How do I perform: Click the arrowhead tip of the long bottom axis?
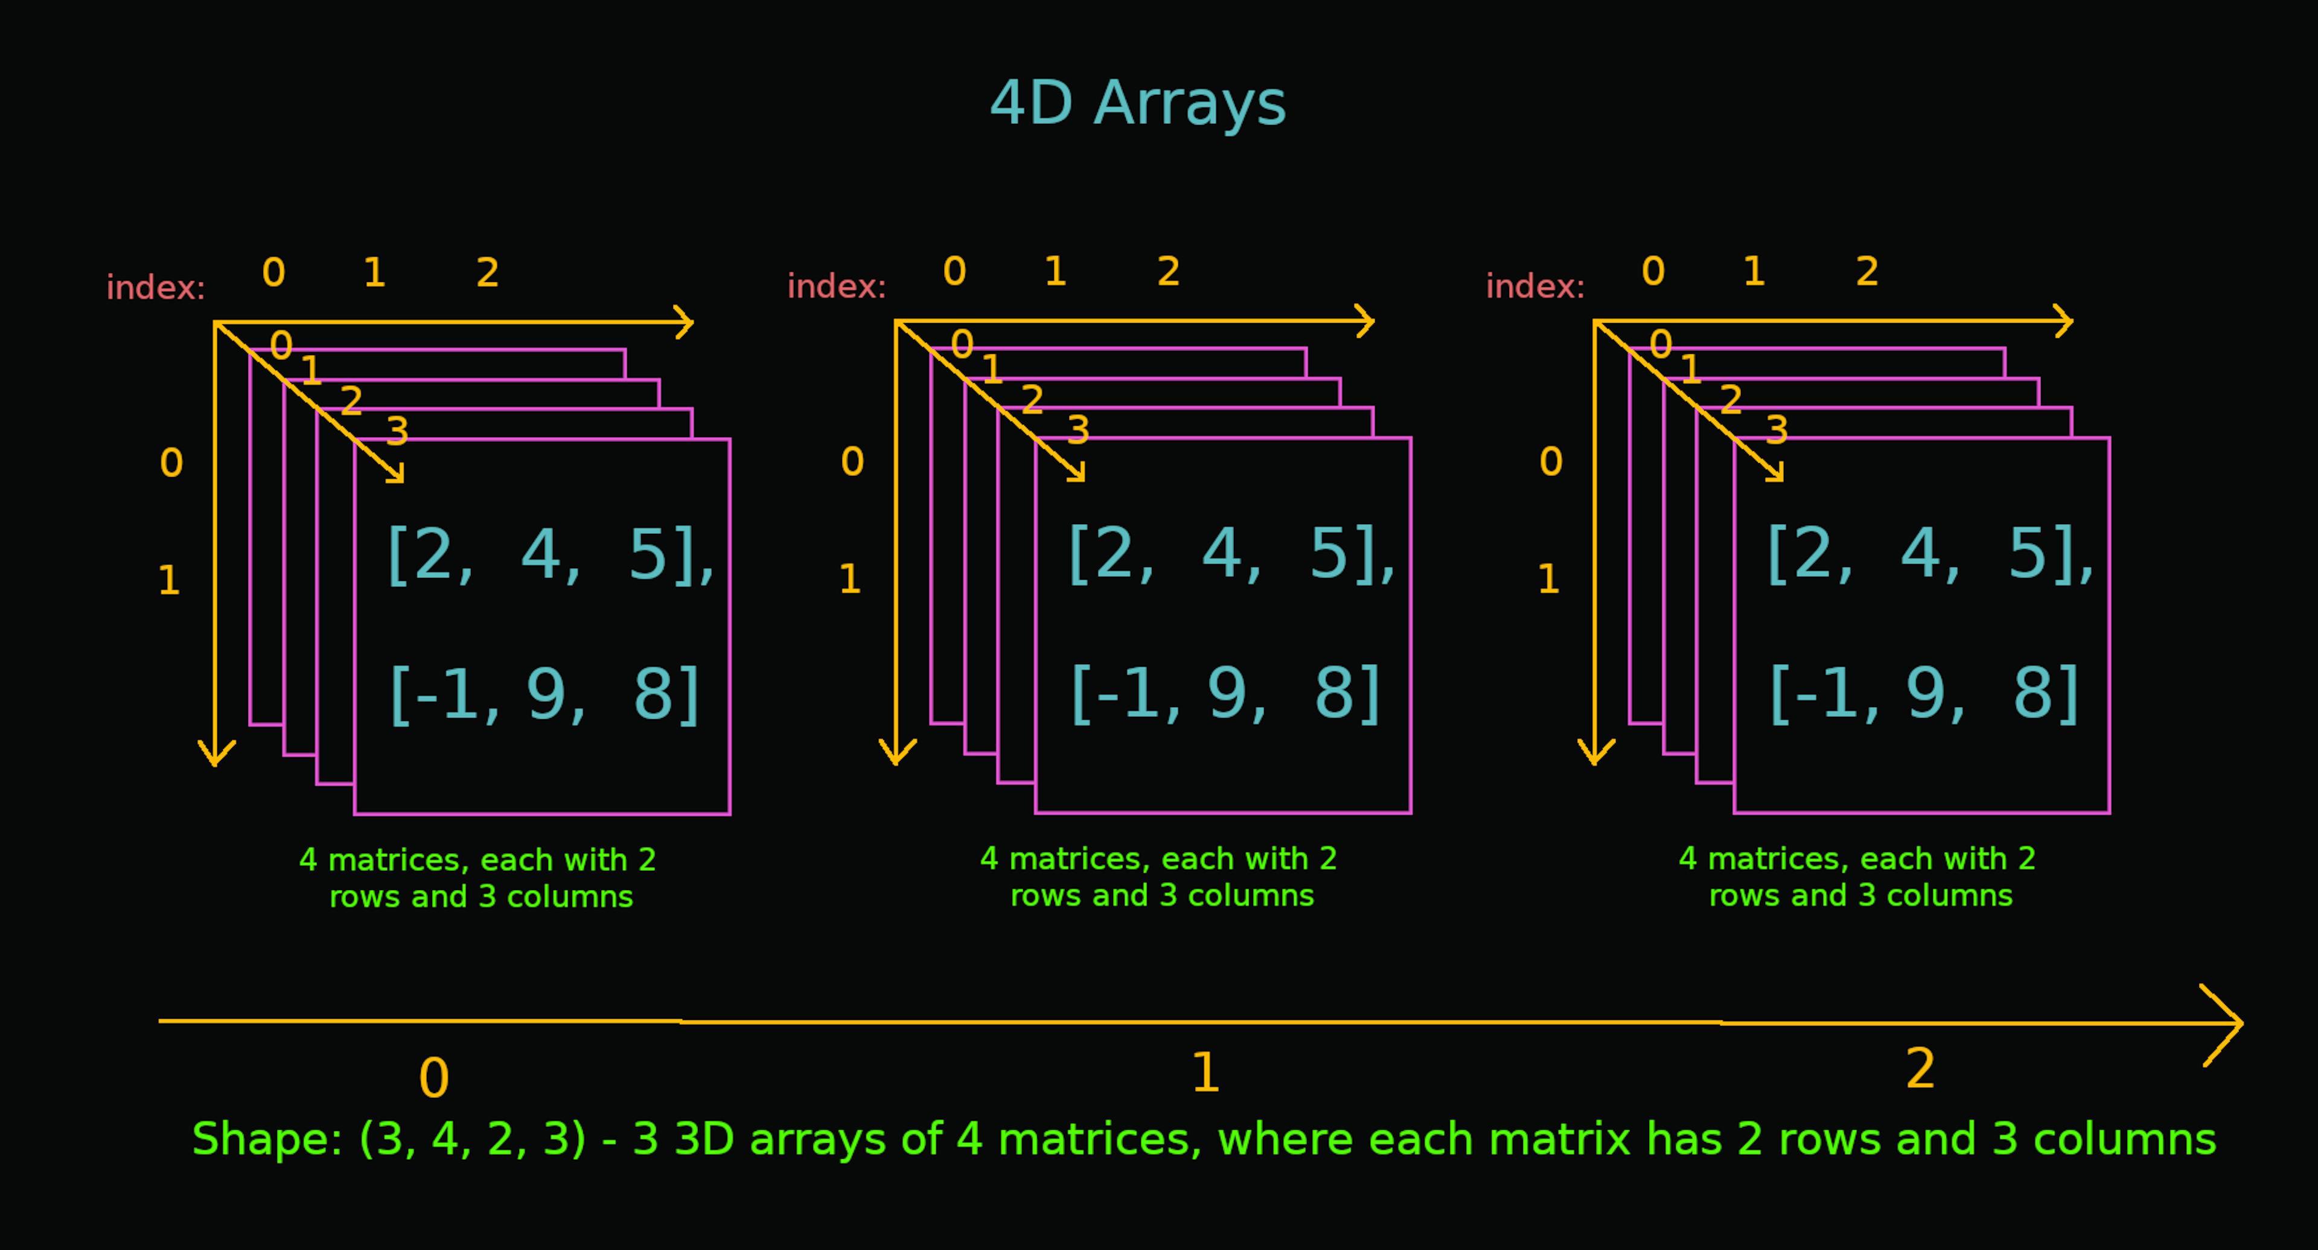point(2243,1023)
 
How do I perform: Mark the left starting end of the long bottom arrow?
point(159,1021)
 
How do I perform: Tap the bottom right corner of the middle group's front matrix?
point(1411,813)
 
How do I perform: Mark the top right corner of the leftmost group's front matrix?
point(730,439)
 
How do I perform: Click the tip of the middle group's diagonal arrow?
point(1084,479)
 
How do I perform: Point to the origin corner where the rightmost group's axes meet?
point(1594,321)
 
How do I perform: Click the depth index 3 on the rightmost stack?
point(1777,430)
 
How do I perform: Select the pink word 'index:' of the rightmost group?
point(1535,286)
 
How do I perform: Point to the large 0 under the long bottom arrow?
point(434,1077)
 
